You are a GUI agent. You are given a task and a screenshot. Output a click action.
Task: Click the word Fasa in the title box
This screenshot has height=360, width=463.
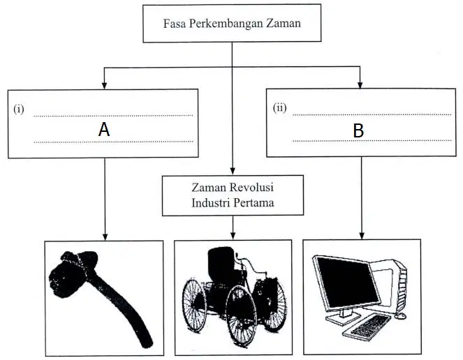coord(175,23)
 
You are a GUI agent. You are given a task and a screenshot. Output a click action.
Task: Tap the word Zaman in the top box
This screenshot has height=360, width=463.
coord(284,23)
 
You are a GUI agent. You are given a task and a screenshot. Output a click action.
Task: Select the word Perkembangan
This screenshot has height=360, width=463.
coord(226,24)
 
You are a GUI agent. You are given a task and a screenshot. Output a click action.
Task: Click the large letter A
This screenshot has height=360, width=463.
coord(104,130)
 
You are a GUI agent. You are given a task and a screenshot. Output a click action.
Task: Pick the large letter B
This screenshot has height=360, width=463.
coord(358,130)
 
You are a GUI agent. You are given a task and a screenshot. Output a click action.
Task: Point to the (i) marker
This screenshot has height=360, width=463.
coord(18,110)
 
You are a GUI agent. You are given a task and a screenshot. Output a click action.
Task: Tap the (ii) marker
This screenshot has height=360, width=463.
coord(279,108)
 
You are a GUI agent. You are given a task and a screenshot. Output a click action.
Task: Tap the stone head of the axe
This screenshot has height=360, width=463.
coord(73,273)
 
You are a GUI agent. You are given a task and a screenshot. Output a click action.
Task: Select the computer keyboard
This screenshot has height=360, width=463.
coord(367,326)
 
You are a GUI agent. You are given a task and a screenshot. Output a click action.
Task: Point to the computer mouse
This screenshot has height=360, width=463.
coord(400,316)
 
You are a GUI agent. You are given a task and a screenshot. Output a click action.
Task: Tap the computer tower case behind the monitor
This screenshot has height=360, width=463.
coord(392,283)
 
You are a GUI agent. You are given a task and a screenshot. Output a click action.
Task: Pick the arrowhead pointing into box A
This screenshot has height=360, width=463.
coord(104,85)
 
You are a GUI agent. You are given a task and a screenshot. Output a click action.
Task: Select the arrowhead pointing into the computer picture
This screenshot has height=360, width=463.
coord(362,235)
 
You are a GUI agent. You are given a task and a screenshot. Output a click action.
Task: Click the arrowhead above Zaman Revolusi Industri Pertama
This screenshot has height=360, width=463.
coord(233,171)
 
